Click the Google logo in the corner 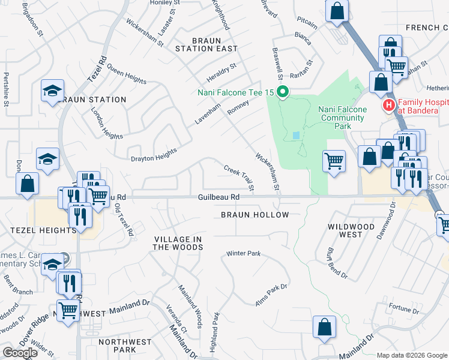point(20,353)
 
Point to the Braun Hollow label point(255,215)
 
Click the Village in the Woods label point(177,243)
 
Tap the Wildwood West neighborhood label point(351,231)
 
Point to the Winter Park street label point(243,254)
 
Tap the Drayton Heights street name point(154,155)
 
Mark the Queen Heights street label point(127,73)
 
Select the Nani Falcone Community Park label point(342,113)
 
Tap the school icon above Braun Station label point(52,91)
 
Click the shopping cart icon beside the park point(334,160)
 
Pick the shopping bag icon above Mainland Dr point(324,327)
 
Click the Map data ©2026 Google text point(412,355)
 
